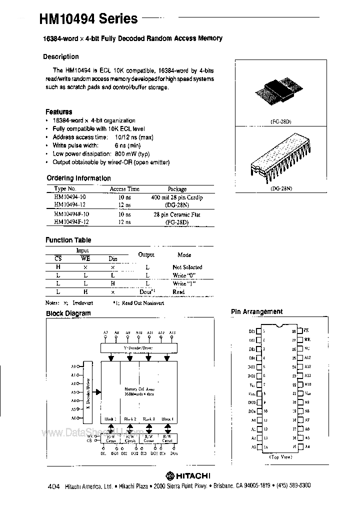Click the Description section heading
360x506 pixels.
pyautogui.click(x=60, y=57)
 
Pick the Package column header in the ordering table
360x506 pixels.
pyautogui.click(x=177, y=189)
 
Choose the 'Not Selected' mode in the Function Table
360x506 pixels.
pyautogui.click(x=187, y=267)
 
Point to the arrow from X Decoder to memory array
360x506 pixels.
pyautogui.click(x=98, y=392)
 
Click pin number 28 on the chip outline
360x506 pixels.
pyautogui.click(x=293, y=331)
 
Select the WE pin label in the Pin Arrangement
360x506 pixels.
pyautogui.click(x=307, y=339)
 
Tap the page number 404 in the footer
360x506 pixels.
pyautogui.click(x=54, y=485)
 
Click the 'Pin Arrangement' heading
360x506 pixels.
pyautogui.click(x=256, y=311)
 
